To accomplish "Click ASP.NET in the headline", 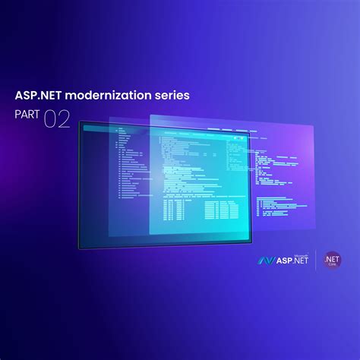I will [x=40, y=96].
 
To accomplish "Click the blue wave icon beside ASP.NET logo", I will [x=266, y=260].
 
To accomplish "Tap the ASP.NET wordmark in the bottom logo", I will [x=291, y=261].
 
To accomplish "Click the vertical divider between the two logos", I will [x=316, y=260].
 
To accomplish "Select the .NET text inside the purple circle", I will [x=332, y=258].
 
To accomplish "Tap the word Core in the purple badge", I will [x=333, y=265].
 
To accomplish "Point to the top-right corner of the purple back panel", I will [x=313, y=125].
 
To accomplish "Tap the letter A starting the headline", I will [x=19, y=96].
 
